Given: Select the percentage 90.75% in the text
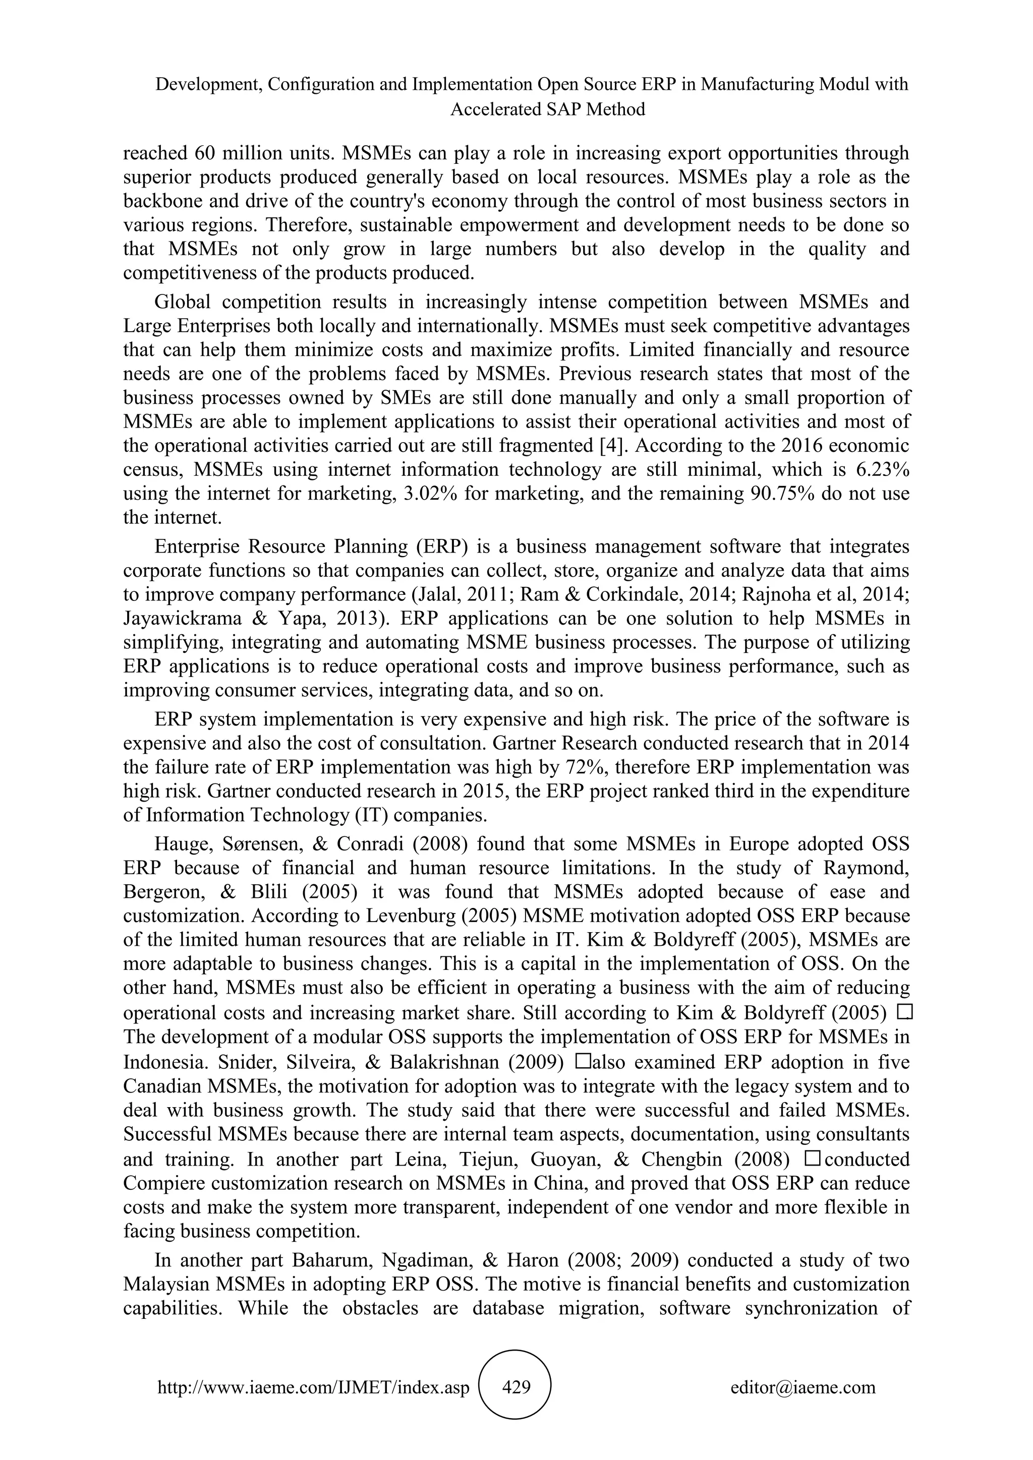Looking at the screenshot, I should pos(779,494).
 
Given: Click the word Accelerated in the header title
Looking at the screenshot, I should pos(495,109).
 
